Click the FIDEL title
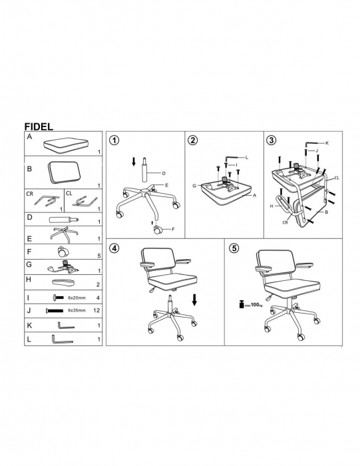(39, 126)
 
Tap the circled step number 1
(114, 140)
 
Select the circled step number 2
(193, 140)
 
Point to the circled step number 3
(271, 140)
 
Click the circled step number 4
(114, 248)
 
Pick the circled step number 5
(234, 248)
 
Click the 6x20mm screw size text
(77, 298)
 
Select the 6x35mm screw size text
(77, 310)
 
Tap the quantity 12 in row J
(96, 310)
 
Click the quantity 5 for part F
(99, 256)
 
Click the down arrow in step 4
(194, 300)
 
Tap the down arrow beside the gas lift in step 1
(134, 162)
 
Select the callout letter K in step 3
(327, 143)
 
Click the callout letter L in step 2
(246, 157)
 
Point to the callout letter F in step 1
(173, 229)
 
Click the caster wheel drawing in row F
(63, 252)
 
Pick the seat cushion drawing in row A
(67, 145)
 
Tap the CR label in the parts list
(30, 194)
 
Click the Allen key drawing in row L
(62, 340)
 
